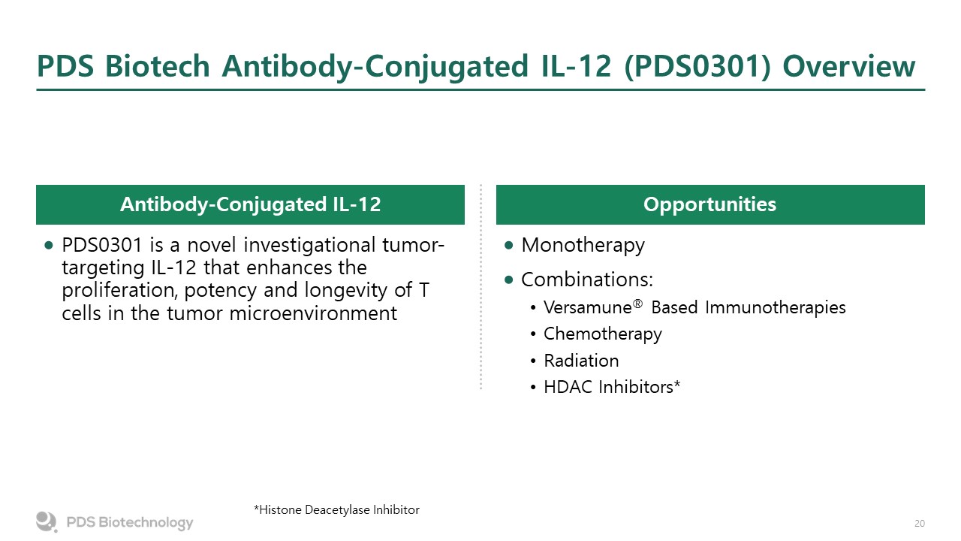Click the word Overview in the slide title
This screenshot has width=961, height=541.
849,66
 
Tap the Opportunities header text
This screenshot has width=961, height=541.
709,204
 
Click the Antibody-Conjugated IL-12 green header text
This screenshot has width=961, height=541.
251,204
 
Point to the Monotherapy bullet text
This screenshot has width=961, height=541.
583,246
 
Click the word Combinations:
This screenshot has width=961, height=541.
587,280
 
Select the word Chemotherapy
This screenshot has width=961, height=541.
602,334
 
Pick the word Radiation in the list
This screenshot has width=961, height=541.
581,361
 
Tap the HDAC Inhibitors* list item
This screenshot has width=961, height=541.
612,387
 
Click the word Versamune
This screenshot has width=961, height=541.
587,307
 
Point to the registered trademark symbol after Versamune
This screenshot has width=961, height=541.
637,304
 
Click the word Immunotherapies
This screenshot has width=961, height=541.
776,308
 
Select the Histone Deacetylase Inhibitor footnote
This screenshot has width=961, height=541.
336,509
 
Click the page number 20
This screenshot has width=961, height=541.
920,524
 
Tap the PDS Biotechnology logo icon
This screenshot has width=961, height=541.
47,521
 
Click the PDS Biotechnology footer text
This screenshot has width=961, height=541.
130,522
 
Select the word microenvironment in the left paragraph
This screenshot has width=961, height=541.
313,313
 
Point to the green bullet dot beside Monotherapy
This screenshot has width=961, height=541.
509,245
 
